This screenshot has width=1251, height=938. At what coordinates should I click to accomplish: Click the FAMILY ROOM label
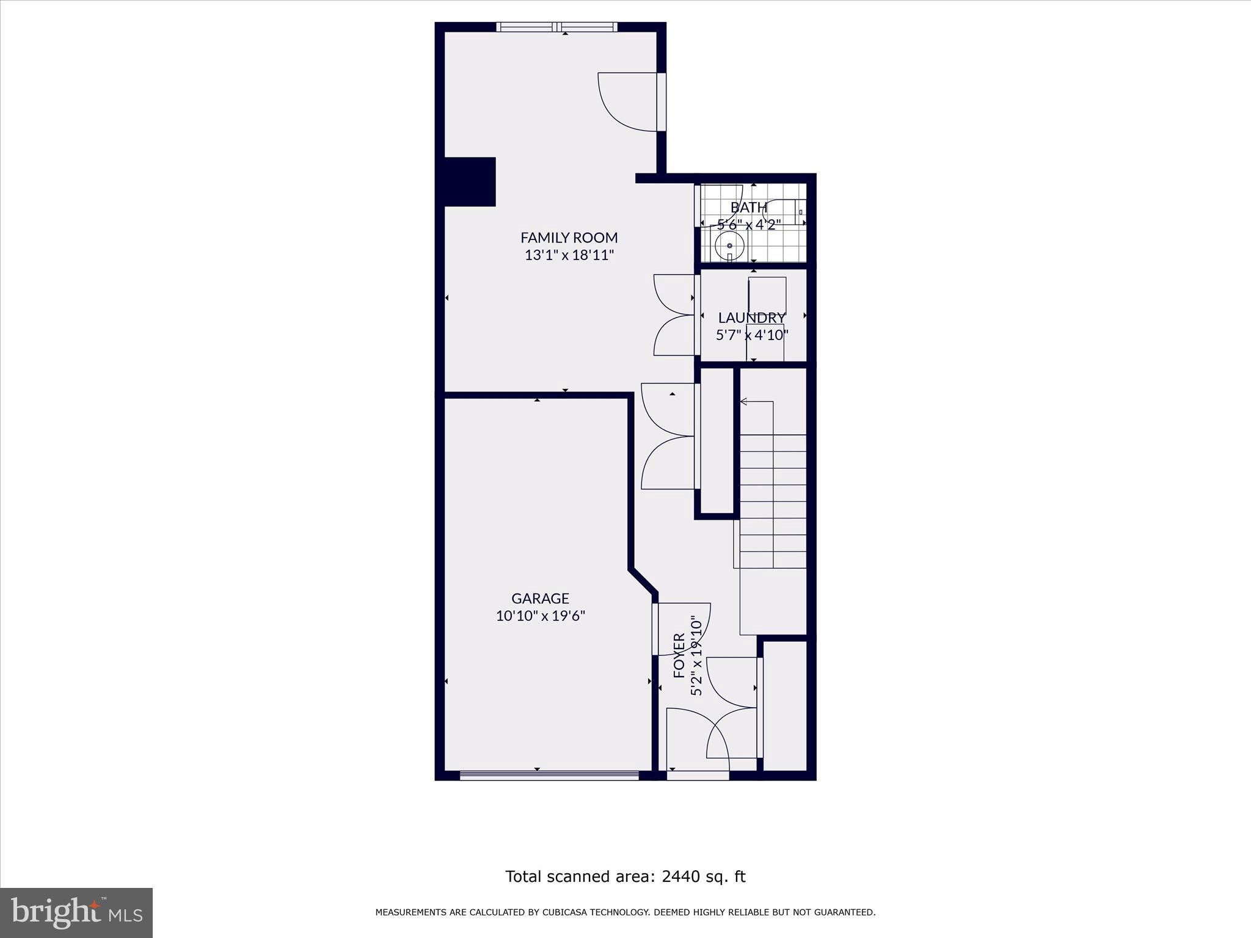click(x=569, y=237)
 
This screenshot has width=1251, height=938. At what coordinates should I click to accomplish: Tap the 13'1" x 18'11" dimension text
click(x=569, y=255)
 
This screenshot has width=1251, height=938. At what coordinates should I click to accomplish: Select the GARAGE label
click(x=540, y=598)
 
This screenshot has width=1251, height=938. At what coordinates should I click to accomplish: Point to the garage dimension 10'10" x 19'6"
click(x=540, y=616)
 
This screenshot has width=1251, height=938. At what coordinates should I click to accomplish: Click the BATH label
click(x=748, y=207)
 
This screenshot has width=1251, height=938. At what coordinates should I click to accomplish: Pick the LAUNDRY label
click(x=751, y=318)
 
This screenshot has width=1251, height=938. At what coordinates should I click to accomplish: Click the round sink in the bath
click(x=730, y=245)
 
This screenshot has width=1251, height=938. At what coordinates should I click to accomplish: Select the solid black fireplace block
click(x=469, y=181)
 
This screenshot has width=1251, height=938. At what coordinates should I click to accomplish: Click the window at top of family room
click(x=556, y=27)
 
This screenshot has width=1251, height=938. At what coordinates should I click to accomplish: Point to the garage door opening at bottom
click(x=549, y=776)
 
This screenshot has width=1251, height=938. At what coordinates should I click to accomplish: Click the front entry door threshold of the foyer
click(x=698, y=776)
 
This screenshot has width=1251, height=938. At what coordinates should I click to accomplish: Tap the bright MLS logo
click(x=76, y=912)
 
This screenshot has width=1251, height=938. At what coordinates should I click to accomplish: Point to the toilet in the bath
click(x=784, y=211)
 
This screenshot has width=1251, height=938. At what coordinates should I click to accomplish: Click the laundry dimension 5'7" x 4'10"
click(x=752, y=335)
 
